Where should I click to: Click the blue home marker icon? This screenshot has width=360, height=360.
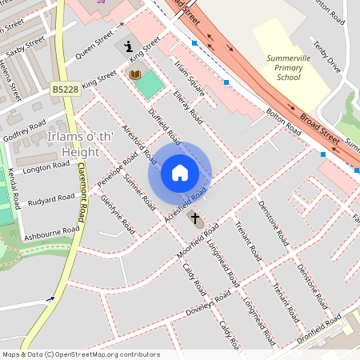click(x=180, y=173)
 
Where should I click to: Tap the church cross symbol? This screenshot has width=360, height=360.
click(x=194, y=217)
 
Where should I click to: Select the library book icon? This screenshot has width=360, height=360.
click(x=135, y=74)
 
